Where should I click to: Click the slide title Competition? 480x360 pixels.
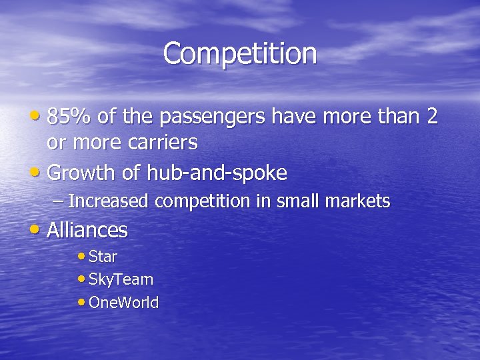(x=240, y=53)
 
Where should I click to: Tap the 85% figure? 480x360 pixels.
(x=70, y=117)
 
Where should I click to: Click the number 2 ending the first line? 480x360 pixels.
(x=432, y=117)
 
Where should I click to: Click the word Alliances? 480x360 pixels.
(x=87, y=231)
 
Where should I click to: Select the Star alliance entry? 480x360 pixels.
(x=103, y=257)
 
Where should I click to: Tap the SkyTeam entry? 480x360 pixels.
(x=121, y=280)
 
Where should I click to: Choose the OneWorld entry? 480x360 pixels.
(x=123, y=303)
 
